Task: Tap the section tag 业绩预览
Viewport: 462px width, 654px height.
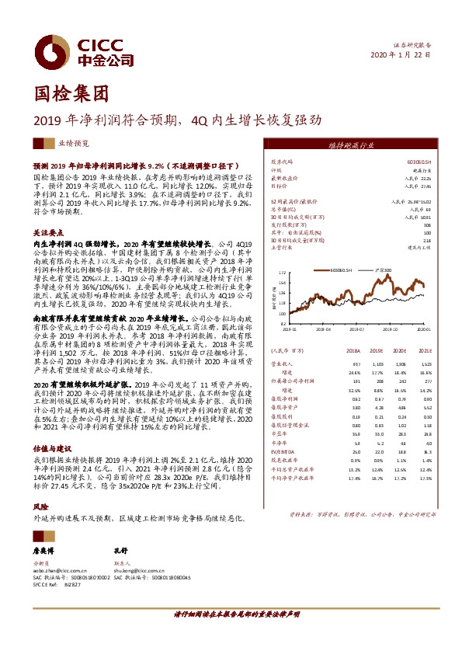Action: [x=52, y=144]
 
